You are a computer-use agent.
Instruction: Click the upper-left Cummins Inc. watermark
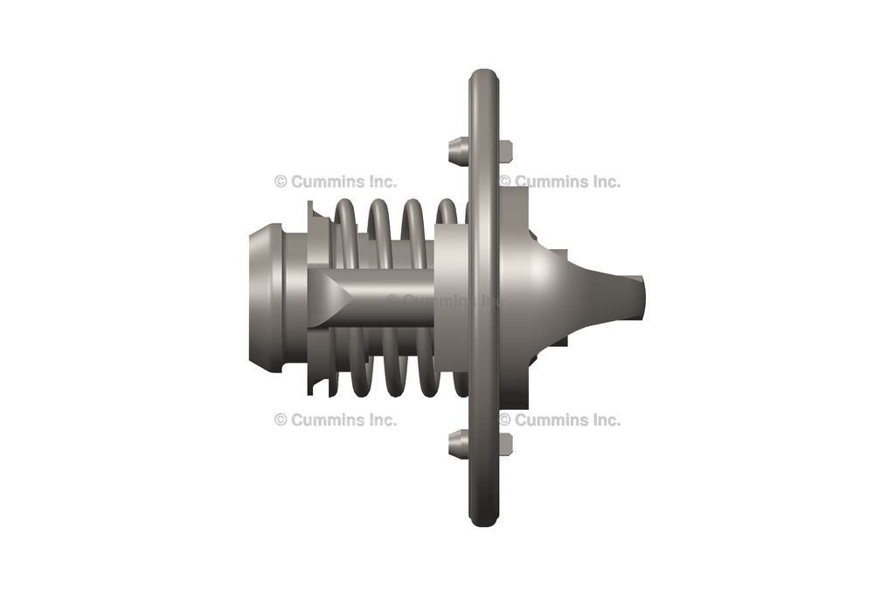[x=336, y=182]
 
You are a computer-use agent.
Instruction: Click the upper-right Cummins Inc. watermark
[x=560, y=182]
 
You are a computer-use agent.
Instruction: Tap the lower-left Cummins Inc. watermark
[x=336, y=419]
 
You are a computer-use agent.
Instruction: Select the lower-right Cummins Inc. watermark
[x=560, y=419]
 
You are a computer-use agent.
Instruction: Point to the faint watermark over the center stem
[x=446, y=300]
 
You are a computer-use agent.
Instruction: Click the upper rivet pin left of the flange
[x=457, y=151]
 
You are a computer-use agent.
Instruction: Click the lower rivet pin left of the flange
[x=457, y=444]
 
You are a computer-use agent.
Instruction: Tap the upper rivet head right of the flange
[x=505, y=152]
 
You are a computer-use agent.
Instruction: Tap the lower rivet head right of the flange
[x=505, y=444]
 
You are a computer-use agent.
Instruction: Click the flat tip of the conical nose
[x=640, y=298]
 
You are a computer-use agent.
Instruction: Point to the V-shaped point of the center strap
[x=345, y=298]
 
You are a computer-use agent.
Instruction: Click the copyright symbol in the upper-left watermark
[x=281, y=182]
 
